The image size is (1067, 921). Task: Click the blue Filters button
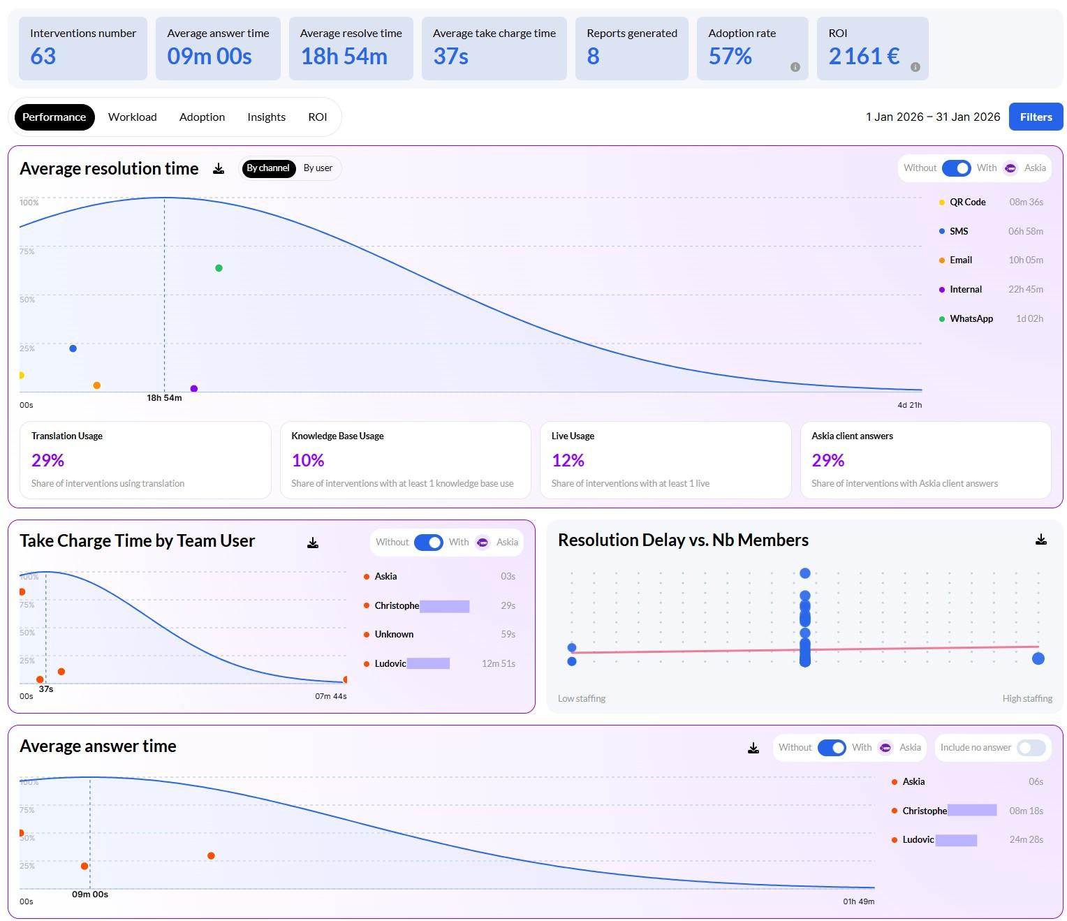click(1036, 117)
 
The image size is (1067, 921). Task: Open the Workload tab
click(132, 117)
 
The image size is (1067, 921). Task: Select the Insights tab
click(266, 117)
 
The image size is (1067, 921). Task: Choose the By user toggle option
click(318, 168)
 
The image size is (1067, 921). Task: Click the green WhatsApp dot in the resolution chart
click(219, 268)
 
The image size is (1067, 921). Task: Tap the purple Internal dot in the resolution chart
click(194, 389)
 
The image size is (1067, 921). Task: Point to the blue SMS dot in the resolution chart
click(73, 348)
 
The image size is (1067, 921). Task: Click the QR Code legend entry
click(967, 202)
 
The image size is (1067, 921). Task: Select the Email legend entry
click(960, 260)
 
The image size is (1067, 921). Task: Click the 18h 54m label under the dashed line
click(164, 398)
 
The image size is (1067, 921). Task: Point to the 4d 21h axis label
click(909, 405)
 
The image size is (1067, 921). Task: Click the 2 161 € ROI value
click(864, 56)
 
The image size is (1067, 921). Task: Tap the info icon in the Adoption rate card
click(795, 67)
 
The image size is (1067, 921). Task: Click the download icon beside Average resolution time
click(219, 168)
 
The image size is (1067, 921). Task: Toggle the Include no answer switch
click(1031, 748)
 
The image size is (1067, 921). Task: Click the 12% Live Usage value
click(568, 460)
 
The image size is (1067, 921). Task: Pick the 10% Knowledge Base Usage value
click(308, 460)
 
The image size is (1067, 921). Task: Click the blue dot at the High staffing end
click(1038, 658)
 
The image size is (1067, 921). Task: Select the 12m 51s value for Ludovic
click(498, 663)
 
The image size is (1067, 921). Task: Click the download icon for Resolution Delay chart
click(1040, 540)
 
